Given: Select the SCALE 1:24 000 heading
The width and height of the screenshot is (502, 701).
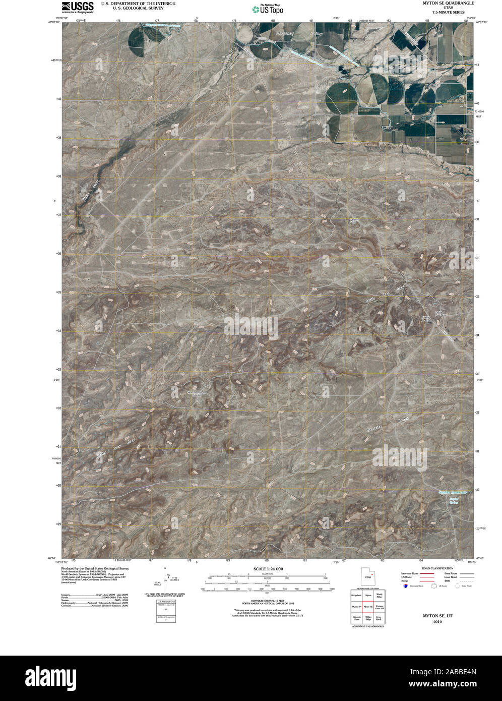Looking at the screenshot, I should [x=268, y=569].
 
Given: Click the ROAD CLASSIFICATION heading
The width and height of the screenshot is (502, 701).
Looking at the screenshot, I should [x=437, y=568].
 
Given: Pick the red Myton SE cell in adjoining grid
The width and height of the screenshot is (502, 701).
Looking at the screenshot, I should [x=368, y=607].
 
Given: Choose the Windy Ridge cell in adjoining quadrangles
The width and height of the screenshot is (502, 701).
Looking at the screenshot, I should [x=379, y=596].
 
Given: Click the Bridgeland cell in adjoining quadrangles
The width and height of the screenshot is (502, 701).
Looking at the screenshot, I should [x=356, y=596].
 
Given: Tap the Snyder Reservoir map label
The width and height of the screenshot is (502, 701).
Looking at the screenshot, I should [x=452, y=492].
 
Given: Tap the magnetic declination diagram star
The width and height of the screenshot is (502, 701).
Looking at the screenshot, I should [x=167, y=568].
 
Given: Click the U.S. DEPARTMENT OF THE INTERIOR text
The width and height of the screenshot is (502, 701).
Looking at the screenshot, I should [x=138, y=3].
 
